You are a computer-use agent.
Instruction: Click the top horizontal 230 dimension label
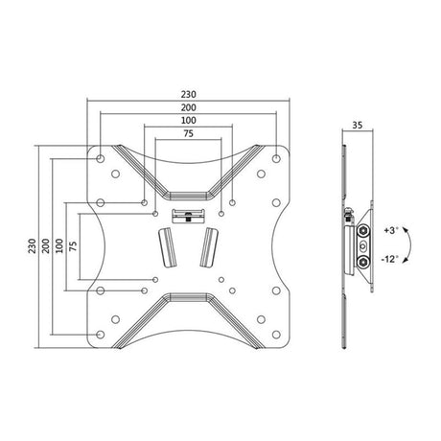click(188, 95)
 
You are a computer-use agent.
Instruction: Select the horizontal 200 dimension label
click(188, 107)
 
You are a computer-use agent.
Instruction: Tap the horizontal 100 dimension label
click(188, 121)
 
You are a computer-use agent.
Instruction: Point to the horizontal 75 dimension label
click(188, 133)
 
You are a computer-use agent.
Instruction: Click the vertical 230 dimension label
click(32, 245)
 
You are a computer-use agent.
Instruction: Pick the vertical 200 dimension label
click(46, 245)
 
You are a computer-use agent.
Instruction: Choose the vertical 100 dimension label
click(59, 245)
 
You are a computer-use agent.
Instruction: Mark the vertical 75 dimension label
click(73, 245)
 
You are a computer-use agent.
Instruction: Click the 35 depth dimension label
click(358, 125)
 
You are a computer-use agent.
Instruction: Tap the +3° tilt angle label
click(391, 230)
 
